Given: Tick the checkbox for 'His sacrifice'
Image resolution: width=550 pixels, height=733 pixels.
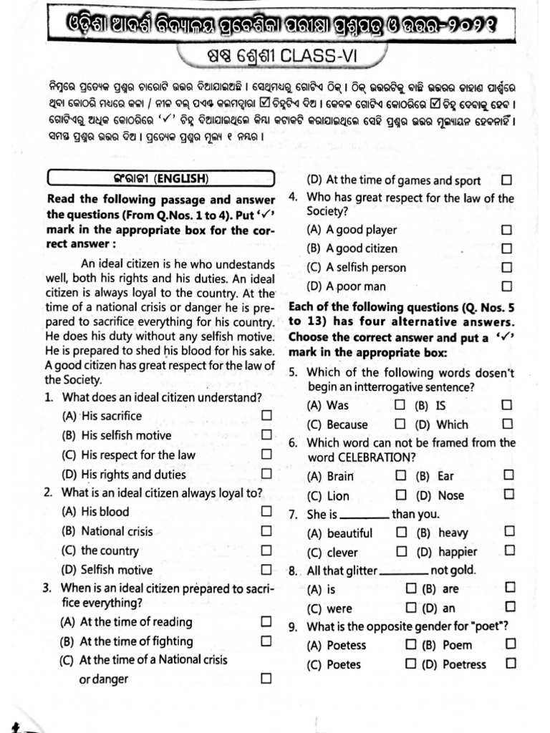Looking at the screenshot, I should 266,415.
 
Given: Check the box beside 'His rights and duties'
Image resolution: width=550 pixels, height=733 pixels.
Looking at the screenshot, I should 266,473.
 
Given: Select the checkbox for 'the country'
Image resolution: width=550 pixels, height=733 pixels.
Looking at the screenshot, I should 266,550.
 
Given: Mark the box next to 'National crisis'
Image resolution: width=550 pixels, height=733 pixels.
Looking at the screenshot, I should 266,530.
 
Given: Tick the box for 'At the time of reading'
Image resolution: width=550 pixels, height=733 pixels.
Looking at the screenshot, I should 266,621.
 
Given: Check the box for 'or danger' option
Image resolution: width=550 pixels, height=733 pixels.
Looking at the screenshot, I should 266,678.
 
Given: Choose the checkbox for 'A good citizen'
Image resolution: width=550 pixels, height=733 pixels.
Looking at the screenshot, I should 507,248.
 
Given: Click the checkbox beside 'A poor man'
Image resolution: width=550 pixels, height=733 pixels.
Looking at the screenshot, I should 507,286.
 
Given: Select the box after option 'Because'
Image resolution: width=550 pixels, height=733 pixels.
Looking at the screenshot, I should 400,424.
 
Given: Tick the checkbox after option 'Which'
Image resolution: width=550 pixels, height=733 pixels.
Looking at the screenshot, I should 507,424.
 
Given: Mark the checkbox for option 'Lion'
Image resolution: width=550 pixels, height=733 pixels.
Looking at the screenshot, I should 401,495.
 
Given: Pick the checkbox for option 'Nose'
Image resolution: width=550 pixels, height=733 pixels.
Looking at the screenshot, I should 509,494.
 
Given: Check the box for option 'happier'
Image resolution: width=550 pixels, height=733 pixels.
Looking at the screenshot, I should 509,550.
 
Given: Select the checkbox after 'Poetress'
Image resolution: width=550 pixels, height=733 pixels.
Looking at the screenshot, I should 510,664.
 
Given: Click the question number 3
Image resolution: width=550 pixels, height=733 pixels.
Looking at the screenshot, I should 47,588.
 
